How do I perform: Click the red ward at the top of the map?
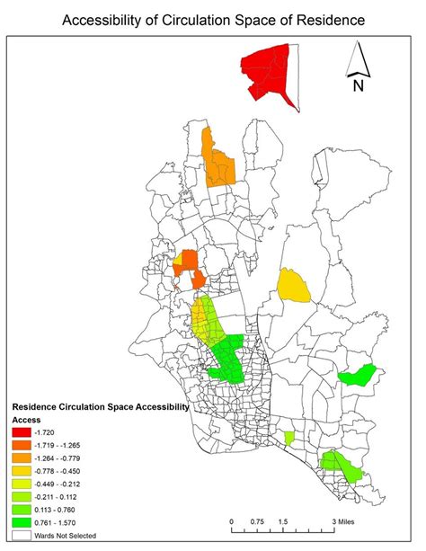point(269,77)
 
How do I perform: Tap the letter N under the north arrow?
point(357,86)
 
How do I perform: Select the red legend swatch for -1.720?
point(21,432)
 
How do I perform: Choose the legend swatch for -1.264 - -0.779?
point(21,457)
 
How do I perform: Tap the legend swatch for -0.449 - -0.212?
point(21,482)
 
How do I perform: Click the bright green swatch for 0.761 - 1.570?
point(21,520)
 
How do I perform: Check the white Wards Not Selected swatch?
point(21,535)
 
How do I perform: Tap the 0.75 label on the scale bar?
point(257,521)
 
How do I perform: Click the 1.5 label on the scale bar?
point(282,521)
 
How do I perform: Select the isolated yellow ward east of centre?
point(293,285)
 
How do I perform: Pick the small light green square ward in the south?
point(288,438)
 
